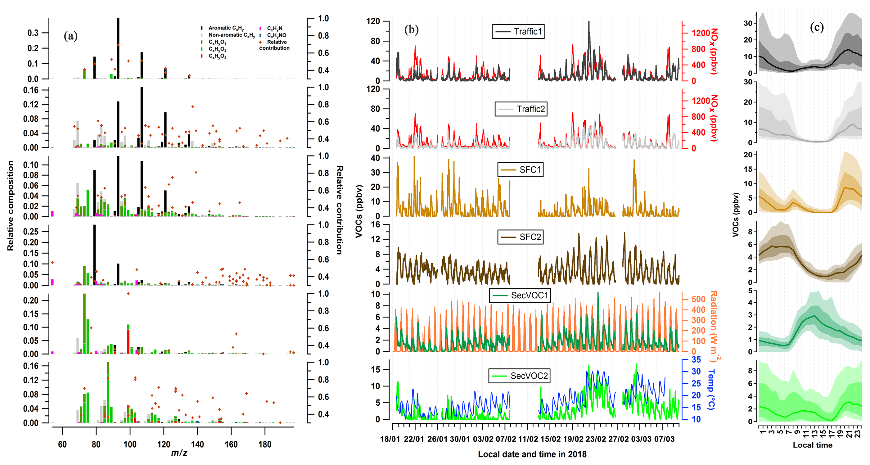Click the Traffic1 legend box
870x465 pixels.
(518, 32)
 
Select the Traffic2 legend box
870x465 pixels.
(521, 109)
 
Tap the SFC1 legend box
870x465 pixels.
(520, 170)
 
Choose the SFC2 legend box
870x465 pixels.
(520, 237)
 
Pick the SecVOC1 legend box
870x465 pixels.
(520, 296)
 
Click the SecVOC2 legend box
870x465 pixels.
(519, 376)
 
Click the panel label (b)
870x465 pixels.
(411, 30)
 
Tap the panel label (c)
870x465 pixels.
(817, 27)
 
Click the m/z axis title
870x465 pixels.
(179, 453)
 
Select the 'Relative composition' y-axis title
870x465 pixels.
(11, 206)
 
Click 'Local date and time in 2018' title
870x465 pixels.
(532, 454)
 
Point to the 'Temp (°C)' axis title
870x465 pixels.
(711, 389)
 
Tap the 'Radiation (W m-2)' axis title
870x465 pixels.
(714, 326)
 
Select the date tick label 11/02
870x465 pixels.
(528, 439)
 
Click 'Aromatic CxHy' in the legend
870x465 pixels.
(226, 28)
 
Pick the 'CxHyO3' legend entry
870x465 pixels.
(217, 56)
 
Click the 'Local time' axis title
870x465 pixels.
(812, 445)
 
